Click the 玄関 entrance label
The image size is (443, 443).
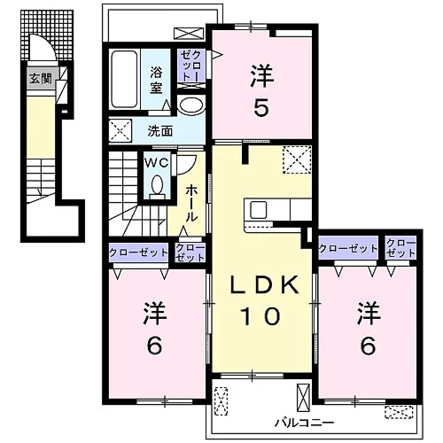41,79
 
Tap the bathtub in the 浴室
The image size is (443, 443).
124,80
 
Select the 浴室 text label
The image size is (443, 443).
156,80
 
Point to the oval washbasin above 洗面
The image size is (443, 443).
191,105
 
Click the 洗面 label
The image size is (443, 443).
160,131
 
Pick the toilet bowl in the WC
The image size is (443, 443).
157,185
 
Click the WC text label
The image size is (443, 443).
156,163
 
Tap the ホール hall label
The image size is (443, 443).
191,204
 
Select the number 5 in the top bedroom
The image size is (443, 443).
261,107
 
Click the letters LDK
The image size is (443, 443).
264,285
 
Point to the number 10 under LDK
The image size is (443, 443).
260,316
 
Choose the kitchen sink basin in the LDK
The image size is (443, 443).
259,210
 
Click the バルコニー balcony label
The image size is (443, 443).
304,423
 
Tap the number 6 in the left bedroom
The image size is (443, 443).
155,346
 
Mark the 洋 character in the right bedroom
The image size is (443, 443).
369,313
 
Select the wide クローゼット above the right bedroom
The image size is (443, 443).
348,248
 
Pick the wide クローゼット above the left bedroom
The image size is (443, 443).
138,253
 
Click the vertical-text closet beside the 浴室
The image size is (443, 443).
191,66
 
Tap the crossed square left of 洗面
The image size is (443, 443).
120,130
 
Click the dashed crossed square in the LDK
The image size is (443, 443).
297,159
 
